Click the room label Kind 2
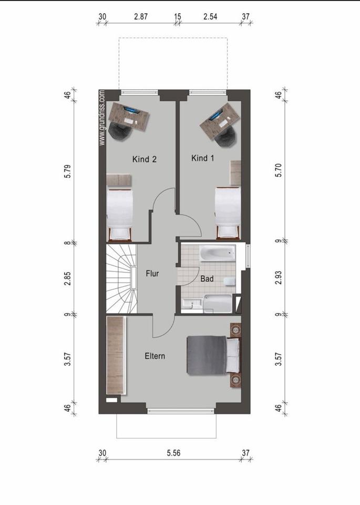pos(145,159)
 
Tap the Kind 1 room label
pos(203,158)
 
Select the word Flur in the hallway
pos(152,274)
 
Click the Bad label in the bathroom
pos(207,279)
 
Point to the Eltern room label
pos(155,356)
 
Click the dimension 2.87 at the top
pos(141,16)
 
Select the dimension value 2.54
pos(210,16)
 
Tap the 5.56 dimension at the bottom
pos(174,453)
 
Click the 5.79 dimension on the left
pos(67,171)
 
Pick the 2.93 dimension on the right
pos(279,278)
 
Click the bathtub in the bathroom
pos(218,253)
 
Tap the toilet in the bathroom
pos(230,281)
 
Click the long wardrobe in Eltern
pos(116,354)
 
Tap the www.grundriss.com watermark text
pos(102,117)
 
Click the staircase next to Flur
pos(121,279)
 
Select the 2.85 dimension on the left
pos(67,278)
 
